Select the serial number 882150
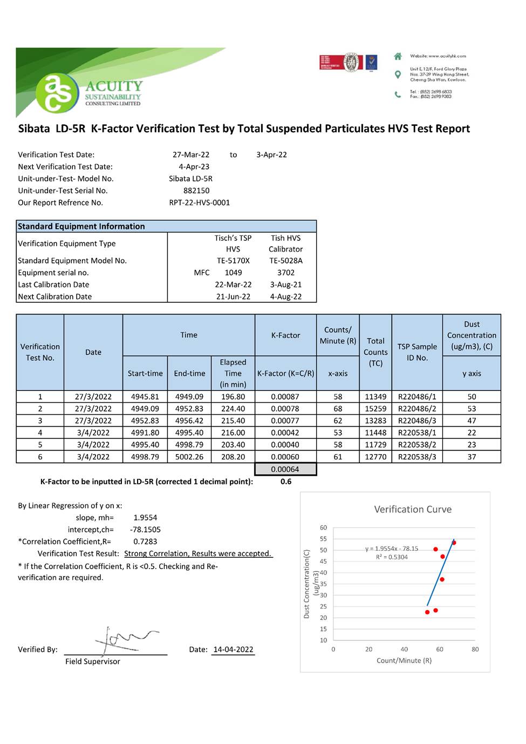[x=196, y=191]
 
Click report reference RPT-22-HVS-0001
[x=200, y=202]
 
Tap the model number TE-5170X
[x=233, y=261]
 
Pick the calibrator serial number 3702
[x=286, y=273]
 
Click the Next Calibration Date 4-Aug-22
[x=286, y=296]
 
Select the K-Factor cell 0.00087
[x=285, y=397]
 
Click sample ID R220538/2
[x=417, y=445]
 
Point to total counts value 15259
[x=375, y=409]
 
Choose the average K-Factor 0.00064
[x=285, y=470]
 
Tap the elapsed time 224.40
[x=233, y=409]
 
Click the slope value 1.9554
[x=145, y=518]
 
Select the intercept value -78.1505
[x=145, y=530]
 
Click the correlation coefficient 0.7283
[x=145, y=542]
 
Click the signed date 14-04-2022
[x=233, y=650]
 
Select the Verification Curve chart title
[x=413, y=509]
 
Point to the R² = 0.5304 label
[x=392, y=557]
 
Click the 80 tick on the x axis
[x=475, y=650]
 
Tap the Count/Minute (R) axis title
[x=404, y=660]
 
